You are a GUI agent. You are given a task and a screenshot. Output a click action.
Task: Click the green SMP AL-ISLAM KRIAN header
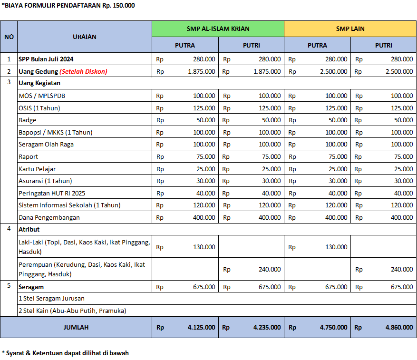coord(218,29)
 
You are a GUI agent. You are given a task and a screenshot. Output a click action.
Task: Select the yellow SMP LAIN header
coord(350,29)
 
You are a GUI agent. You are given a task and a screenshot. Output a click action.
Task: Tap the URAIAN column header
coord(85,37)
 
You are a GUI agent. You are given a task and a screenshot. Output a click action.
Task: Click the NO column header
coord(9,37)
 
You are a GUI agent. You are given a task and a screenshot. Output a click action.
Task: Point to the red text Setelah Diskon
coord(83,71)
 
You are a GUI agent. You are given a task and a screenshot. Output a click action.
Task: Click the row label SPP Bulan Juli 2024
coord(46,59)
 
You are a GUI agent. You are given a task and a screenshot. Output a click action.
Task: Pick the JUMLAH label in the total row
coord(76,327)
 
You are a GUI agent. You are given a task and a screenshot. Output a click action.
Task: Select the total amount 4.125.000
coord(201,327)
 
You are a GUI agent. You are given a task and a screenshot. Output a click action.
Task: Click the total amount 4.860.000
coord(399,327)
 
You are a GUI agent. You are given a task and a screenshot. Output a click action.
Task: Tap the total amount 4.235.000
coord(267,327)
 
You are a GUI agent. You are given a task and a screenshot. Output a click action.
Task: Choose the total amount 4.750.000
coord(333,327)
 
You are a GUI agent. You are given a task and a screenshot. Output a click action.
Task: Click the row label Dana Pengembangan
coord(49,217)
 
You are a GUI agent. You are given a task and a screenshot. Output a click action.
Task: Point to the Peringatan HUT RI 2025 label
coord(53,193)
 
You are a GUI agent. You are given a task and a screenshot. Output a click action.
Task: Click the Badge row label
coord(28,120)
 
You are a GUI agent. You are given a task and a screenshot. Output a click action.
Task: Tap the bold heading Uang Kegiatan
coord(39,83)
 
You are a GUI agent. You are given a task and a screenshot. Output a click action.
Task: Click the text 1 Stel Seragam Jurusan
coord(51,298)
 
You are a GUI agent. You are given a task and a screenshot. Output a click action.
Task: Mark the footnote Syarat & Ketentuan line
coord(65,353)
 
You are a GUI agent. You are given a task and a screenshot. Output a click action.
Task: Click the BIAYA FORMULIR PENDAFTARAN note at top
coord(68,5)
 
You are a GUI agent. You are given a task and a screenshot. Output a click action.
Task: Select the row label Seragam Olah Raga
coord(46,144)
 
